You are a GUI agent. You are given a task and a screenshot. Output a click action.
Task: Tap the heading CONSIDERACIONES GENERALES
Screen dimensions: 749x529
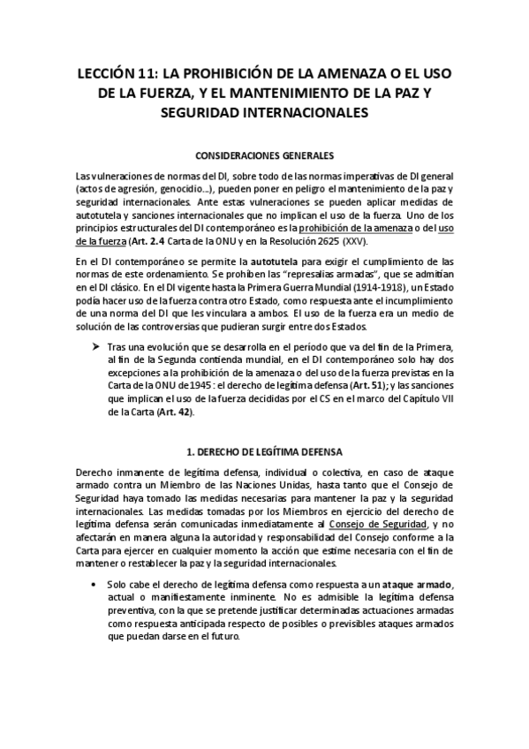pos(264,153)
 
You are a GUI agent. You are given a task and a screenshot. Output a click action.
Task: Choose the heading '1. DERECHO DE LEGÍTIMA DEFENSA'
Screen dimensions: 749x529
pos(265,451)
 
